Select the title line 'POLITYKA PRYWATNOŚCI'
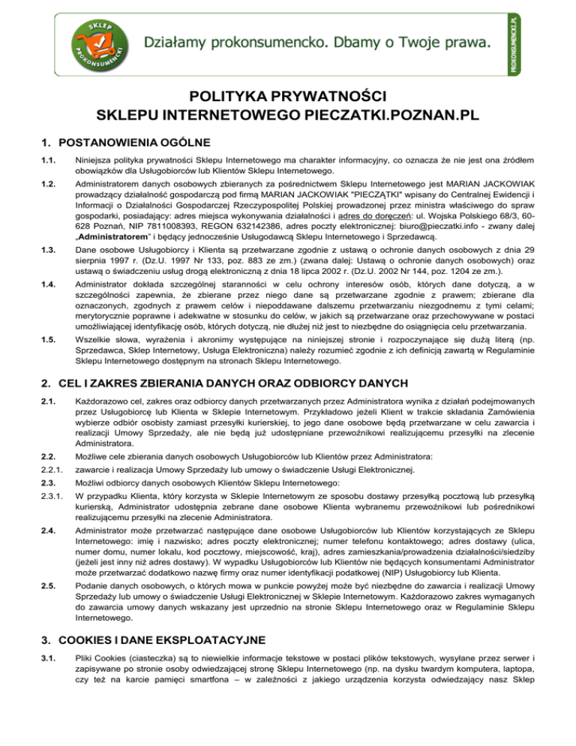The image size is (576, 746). tap(288, 97)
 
